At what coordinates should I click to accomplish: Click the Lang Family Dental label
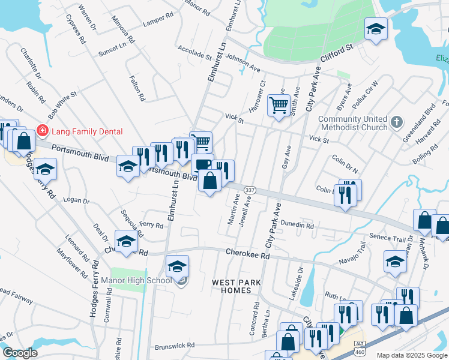(86, 131)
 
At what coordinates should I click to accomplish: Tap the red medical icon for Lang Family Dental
(42, 130)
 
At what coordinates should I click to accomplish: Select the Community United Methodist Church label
(352, 123)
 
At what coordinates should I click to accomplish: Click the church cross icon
(396, 123)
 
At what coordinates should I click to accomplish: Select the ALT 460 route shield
(359, 344)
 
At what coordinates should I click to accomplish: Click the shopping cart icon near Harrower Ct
(279, 106)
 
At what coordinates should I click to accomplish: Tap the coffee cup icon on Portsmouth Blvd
(202, 164)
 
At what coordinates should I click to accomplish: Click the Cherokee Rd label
(248, 254)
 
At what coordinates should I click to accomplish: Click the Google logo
(19, 353)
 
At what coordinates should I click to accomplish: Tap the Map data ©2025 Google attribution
(412, 355)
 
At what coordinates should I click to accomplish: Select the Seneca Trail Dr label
(390, 238)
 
